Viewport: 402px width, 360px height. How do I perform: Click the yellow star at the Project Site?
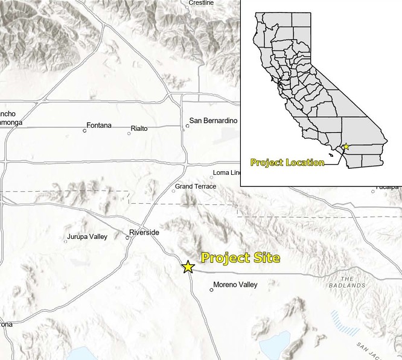(x=188, y=266)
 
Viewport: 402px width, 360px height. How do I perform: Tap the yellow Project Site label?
(x=240, y=258)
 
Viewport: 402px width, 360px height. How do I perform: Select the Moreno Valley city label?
(x=235, y=285)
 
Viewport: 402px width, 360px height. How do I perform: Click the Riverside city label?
(x=144, y=233)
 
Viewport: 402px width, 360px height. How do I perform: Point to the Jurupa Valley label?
(x=88, y=236)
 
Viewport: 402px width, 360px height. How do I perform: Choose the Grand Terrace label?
(x=196, y=186)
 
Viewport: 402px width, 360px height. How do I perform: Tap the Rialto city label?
(x=139, y=128)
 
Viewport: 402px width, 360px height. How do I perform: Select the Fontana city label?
(x=99, y=125)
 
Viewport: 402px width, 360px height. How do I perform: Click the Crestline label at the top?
(x=201, y=3)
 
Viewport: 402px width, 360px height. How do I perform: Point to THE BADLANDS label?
(x=353, y=282)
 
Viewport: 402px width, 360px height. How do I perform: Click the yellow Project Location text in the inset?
(x=287, y=162)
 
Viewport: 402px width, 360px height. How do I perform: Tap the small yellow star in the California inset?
(x=346, y=147)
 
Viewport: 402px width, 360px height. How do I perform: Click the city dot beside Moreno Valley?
(x=211, y=290)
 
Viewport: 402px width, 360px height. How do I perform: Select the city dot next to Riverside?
(x=127, y=238)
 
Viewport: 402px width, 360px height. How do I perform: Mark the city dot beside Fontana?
(x=85, y=130)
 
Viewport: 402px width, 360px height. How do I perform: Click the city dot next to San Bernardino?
(x=188, y=126)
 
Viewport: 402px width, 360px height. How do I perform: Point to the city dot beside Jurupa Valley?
(x=66, y=242)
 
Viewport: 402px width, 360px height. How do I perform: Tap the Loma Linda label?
(x=227, y=173)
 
